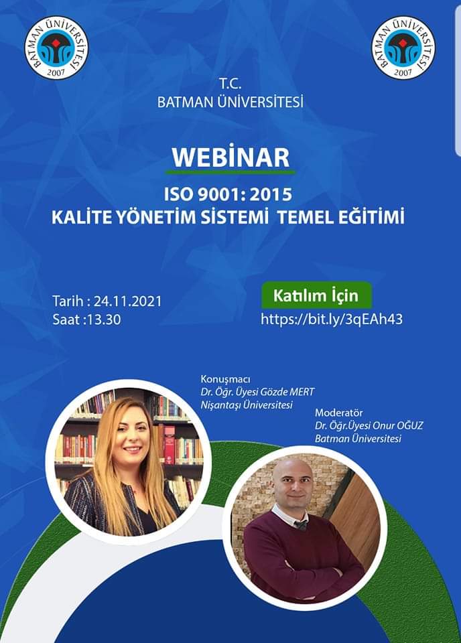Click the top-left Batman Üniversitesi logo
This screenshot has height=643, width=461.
click(56, 48)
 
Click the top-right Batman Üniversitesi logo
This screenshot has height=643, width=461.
click(403, 48)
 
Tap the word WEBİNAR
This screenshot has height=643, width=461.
click(230, 157)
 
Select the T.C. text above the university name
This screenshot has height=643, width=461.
click(230, 84)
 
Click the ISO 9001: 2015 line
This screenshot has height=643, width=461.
click(228, 194)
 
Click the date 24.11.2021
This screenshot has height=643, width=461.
click(128, 301)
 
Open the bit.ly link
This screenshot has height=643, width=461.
click(332, 319)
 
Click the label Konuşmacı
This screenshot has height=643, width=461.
click(225, 379)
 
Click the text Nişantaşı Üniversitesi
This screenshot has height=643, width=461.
click(247, 405)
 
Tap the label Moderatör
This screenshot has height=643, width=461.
click(339, 413)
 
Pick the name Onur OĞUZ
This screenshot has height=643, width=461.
click(397, 425)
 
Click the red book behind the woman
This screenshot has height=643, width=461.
click(169, 445)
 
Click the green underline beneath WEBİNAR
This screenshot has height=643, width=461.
click(230, 172)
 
